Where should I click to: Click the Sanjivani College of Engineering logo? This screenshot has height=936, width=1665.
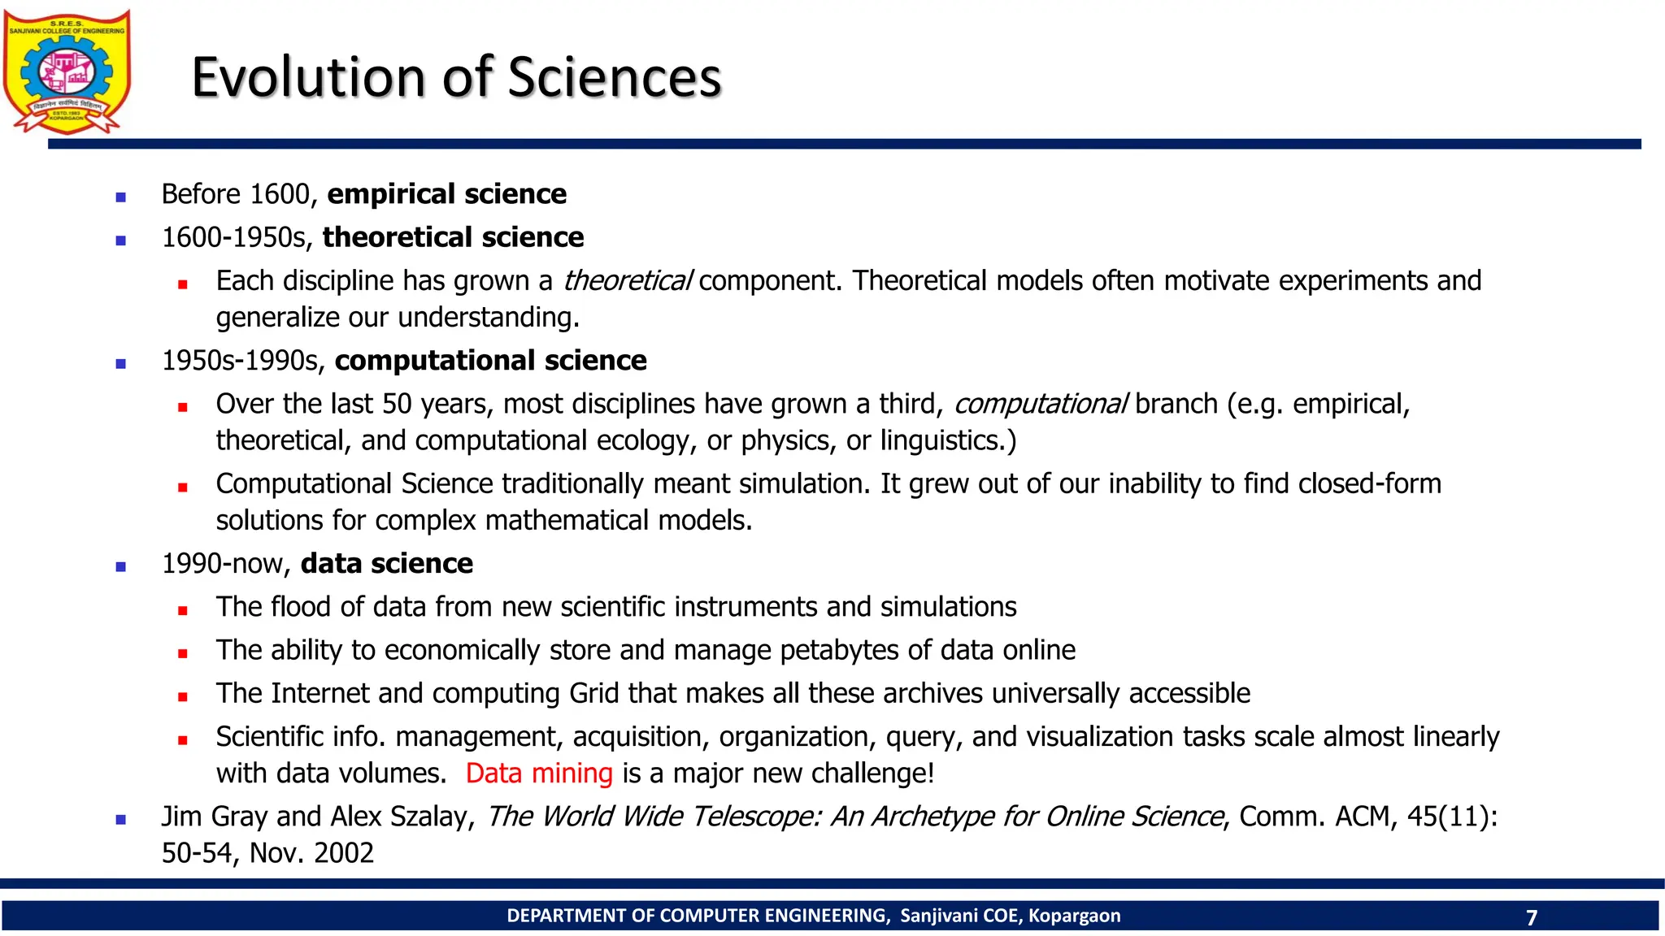[x=67, y=71]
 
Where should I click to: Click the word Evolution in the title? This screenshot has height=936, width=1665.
[x=308, y=78]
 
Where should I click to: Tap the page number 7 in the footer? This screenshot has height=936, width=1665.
[x=1532, y=917]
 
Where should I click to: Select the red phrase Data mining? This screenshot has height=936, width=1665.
[x=539, y=773]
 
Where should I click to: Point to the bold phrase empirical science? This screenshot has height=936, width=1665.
[x=446, y=194]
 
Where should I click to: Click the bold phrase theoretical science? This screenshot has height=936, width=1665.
[x=453, y=237]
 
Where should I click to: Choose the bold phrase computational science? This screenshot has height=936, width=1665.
[x=490, y=360]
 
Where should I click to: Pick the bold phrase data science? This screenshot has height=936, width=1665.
[x=386, y=563]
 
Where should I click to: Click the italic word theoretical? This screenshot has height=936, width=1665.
[x=627, y=281]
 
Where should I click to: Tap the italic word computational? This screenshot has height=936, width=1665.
[x=1040, y=404]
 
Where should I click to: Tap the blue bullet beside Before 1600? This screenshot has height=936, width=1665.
[x=121, y=197]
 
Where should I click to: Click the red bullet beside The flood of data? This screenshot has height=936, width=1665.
[x=183, y=610]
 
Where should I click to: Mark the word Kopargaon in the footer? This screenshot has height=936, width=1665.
[x=1074, y=916]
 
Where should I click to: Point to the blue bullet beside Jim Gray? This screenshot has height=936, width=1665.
[x=121, y=820]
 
